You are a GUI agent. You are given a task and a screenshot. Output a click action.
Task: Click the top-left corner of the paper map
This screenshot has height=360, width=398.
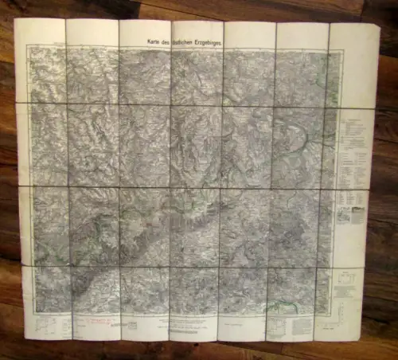14,18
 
